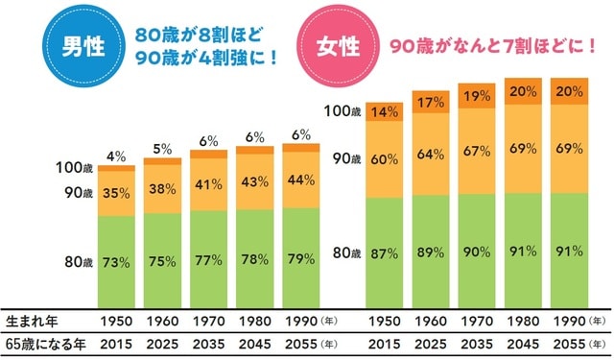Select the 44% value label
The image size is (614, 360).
pos(303,179)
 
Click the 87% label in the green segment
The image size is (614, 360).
pos(385,252)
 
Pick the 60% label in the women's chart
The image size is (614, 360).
pos(385,159)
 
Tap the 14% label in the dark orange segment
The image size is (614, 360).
pos(385,110)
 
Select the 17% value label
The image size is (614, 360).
pos(431,102)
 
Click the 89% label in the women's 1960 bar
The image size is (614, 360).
pos(431,252)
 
